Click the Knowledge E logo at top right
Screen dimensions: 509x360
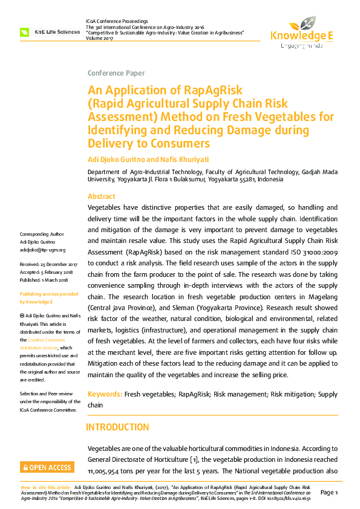(x=302, y=36)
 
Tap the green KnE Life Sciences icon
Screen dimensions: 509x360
(x=25, y=32)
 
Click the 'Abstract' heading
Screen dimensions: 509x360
(x=101, y=196)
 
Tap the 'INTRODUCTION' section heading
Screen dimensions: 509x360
(x=117, y=427)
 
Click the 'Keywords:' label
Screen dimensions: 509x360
(x=105, y=394)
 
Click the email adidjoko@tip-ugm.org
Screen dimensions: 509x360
(x=42, y=249)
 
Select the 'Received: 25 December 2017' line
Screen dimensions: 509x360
(x=48, y=265)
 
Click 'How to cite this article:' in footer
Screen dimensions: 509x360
(x=46, y=486)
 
